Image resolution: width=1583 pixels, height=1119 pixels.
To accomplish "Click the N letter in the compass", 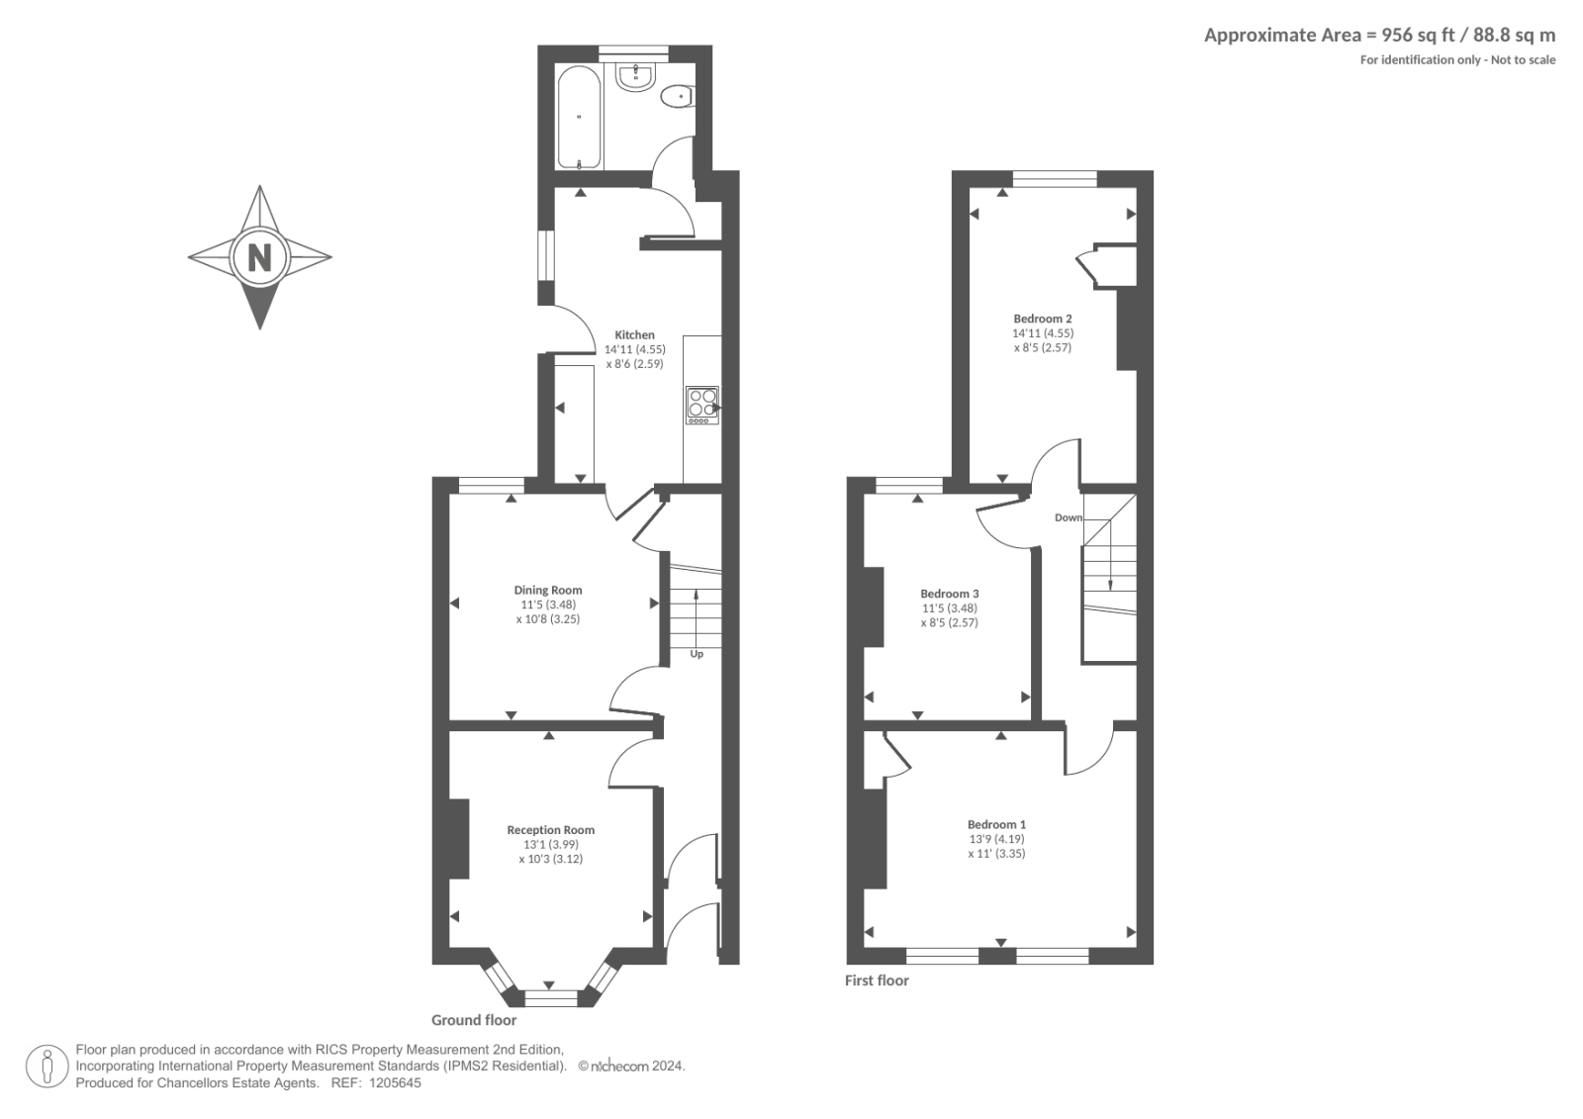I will click(x=259, y=258).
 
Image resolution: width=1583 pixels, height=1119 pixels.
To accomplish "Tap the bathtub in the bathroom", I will click(x=578, y=117).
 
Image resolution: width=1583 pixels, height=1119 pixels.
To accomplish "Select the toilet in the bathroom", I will click(x=678, y=96).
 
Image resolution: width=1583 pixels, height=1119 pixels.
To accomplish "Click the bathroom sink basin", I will click(x=633, y=78).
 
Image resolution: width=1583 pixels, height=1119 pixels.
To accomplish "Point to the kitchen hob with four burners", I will click(x=702, y=405).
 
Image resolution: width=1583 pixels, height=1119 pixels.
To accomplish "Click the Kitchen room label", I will click(x=634, y=335).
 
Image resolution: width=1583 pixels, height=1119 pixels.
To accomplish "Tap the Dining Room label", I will click(x=547, y=591).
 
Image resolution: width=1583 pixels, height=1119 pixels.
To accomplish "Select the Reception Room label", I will click(x=550, y=830).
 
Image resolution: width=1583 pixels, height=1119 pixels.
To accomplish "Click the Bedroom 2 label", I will click(x=1042, y=319).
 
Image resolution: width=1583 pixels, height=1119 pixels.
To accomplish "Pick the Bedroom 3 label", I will click(x=949, y=594).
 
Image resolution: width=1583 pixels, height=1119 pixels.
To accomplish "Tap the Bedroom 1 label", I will click(x=996, y=824).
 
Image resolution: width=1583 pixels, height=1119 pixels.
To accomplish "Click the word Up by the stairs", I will click(x=697, y=654).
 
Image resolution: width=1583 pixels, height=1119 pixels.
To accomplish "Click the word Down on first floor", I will click(x=1068, y=517).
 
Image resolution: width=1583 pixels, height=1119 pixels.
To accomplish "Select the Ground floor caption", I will click(x=473, y=1020).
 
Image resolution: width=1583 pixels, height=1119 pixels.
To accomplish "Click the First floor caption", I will click(x=876, y=980).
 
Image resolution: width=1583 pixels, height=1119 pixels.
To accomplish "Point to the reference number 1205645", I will click(x=395, y=1083).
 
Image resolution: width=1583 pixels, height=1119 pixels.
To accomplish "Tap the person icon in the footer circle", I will click(x=47, y=1067).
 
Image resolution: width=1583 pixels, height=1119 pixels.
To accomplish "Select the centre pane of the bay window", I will click(x=549, y=998).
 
